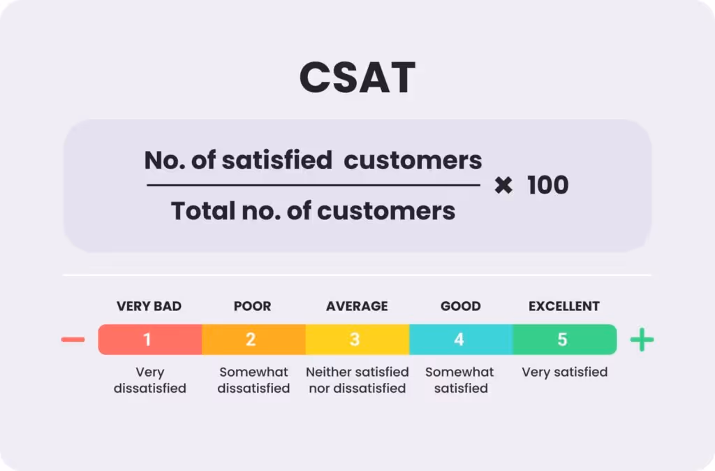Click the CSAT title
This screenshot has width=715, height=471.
(357, 78)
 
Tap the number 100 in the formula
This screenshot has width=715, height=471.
(548, 185)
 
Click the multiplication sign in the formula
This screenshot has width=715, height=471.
(503, 185)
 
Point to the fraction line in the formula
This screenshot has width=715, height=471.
(313, 185)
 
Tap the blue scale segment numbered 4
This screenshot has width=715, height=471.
(460, 340)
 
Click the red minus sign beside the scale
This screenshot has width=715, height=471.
(73, 340)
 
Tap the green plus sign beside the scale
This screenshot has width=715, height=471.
(642, 340)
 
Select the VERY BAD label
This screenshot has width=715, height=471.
(149, 306)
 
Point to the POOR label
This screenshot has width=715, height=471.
(252, 306)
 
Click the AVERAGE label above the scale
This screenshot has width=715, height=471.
(357, 306)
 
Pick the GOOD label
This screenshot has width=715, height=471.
(461, 306)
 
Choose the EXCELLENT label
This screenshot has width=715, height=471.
(564, 306)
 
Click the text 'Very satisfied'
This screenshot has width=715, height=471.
(564, 372)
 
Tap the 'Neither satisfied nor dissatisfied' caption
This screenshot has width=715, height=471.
(357, 379)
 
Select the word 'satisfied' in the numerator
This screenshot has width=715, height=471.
(277, 161)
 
